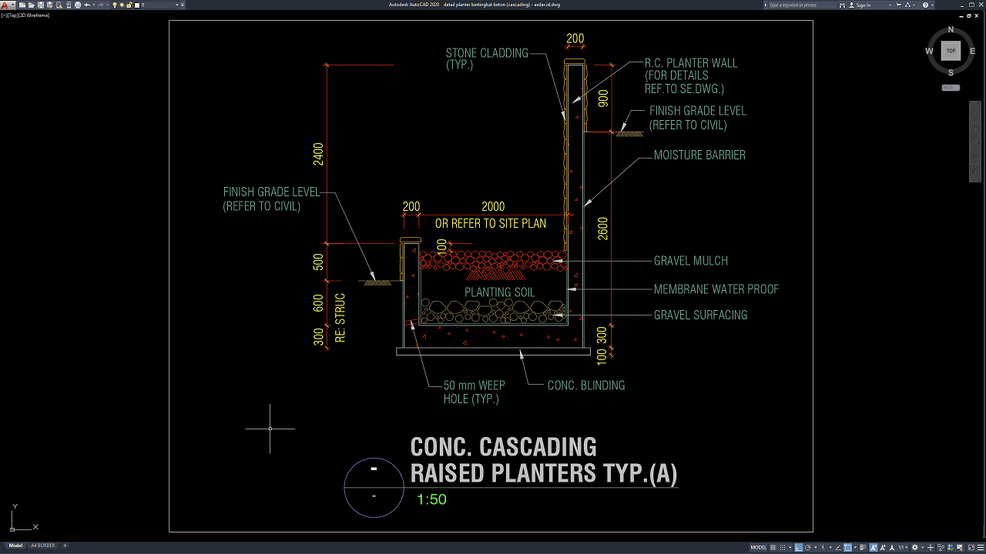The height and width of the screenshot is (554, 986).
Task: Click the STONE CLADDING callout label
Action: point(487,58)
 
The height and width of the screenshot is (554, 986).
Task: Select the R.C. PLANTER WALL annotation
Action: point(690,75)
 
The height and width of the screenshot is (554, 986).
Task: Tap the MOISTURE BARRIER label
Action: point(699,155)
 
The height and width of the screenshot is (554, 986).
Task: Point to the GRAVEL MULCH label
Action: point(690,261)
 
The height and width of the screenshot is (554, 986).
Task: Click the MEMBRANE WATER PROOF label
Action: point(716,289)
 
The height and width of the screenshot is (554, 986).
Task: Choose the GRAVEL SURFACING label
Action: point(700,315)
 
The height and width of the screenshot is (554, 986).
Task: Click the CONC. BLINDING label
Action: point(585,385)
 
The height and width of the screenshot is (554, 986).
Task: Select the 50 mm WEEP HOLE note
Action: point(474,392)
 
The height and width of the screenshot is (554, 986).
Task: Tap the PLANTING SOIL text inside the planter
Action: point(499,292)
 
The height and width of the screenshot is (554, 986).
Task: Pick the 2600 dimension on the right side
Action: point(603,229)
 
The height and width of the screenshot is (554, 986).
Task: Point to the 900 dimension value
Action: point(603,98)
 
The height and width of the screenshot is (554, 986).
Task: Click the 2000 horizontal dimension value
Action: point(493,206)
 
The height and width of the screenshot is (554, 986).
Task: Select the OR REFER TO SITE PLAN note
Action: point(491,224)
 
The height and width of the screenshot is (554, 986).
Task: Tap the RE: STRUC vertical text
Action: point(340,317)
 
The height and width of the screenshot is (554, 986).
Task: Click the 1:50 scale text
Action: point(431,499)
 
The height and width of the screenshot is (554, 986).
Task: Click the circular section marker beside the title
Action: point(374,487)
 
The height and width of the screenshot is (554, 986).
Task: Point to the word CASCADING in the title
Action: point(538,447)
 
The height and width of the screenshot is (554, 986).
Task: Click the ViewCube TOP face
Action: point(951,51)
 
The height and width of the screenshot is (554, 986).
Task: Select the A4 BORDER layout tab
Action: point(42,546)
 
